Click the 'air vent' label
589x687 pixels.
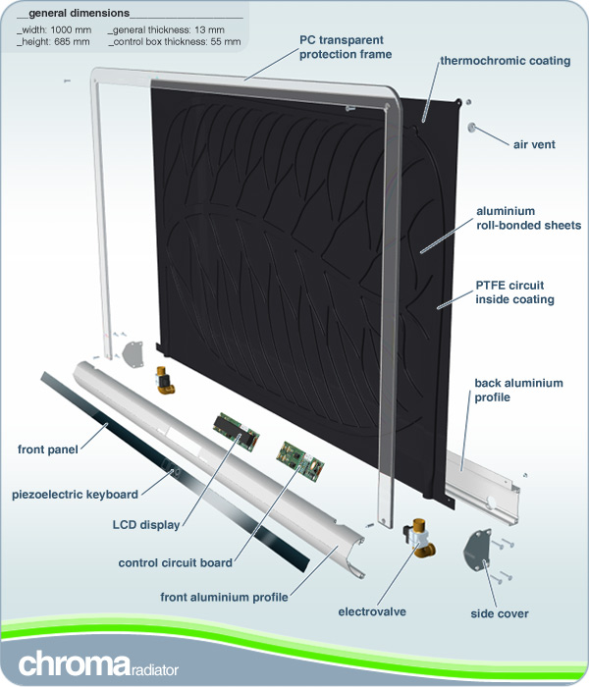[x=534, y=144]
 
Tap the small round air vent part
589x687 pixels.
[x=472, y=128]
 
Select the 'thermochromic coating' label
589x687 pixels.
[x=506, y=61]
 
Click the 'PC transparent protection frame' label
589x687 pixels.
[x=346, y=47]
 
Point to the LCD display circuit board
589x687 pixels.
[x=237, y=431]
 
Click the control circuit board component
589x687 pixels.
[x=300, y=461]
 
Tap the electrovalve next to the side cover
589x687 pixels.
[x=419, y=538]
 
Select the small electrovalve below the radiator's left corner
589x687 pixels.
[x=165, y=381]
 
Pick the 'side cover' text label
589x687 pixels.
[x=500, y=613]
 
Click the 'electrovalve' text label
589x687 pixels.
[x=372, y=611]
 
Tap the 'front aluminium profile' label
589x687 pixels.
[x=224, y=597]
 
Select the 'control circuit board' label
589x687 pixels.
[x=176, y=563]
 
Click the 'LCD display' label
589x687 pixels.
[x=146, y=525]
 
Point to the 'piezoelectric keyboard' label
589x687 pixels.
[x=75, y=495]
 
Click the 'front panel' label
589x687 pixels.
[x=48, y=449]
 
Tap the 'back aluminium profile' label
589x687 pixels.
[x=518, y=390]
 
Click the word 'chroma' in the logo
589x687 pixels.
[x=74, y=664]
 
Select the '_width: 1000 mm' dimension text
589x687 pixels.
[x=54, y=30]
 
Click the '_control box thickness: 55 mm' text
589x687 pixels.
[x=175, y=42]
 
